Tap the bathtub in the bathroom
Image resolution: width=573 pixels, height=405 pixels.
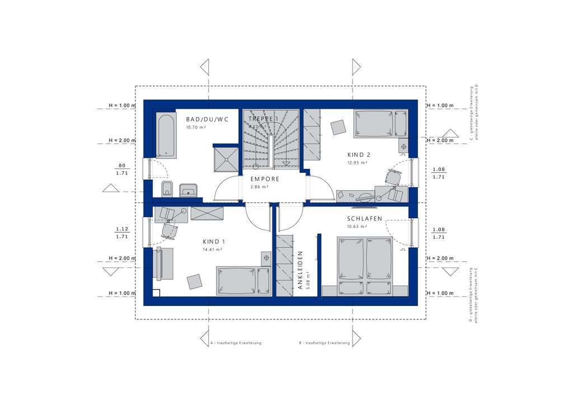166,135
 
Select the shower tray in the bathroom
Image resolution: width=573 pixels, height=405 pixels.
226,158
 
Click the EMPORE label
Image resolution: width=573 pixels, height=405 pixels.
261,180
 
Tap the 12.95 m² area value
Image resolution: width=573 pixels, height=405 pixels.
356,163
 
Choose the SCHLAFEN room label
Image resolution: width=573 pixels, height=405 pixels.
364,219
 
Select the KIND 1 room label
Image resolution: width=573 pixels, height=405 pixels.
213,242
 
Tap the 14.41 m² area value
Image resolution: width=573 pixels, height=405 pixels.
213,249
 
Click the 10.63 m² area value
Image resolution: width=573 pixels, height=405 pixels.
356,227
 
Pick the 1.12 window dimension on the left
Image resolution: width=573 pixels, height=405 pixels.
121,229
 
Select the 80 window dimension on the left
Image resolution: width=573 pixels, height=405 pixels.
121,166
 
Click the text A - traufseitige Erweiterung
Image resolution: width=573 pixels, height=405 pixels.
236,342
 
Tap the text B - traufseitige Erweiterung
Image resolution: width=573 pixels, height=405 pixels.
325,342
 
